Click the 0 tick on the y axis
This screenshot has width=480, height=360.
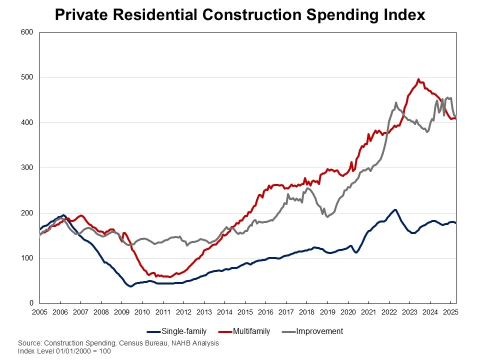(30, 303)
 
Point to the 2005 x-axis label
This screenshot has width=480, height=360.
(39, 312)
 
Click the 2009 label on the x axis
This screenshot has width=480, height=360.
(121, 312)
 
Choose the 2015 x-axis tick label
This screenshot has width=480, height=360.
(245, 312)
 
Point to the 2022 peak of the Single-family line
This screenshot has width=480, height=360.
(395, 209)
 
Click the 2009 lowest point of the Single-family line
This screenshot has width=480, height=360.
(130, 286)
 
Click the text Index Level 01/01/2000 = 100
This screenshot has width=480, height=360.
(64, 351)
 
